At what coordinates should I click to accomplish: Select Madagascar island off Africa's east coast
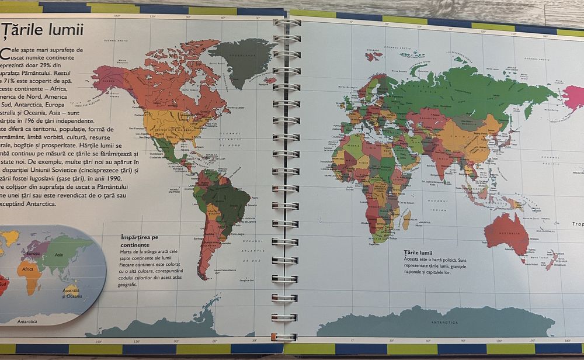406,220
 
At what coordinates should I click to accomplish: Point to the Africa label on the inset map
28,270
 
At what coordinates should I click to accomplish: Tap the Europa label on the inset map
33,253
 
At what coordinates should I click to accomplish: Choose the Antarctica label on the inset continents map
27,321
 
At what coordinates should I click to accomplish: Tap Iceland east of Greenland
270,79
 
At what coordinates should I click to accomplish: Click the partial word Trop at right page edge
577,224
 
